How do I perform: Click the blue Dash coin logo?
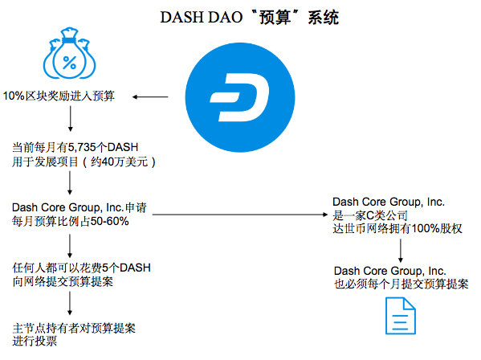tap(240, 97)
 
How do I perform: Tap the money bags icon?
tap(69, 53)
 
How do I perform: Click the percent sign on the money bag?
tap(70, 63)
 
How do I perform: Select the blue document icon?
tap(401, 316)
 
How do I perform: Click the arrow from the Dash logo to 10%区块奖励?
tap(150, 97)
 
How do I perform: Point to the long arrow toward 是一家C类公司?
tap(240, 215)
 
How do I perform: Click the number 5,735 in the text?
tap(82, 147)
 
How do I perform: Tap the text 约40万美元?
tap(119, 162)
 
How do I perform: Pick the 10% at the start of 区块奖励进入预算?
tap(14, 96)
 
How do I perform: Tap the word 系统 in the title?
tap(324, 18)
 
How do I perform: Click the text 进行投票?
tap(35, 341)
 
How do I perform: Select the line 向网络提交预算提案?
tap(63, 281)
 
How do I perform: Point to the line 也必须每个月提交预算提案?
tap(402, 284)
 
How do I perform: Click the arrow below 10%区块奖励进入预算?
tap(71, 119)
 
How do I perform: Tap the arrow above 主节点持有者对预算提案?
tap(70, 303)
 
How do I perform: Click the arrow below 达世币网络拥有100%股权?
tap(401, 251)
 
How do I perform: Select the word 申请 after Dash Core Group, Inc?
tap(136, 208)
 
